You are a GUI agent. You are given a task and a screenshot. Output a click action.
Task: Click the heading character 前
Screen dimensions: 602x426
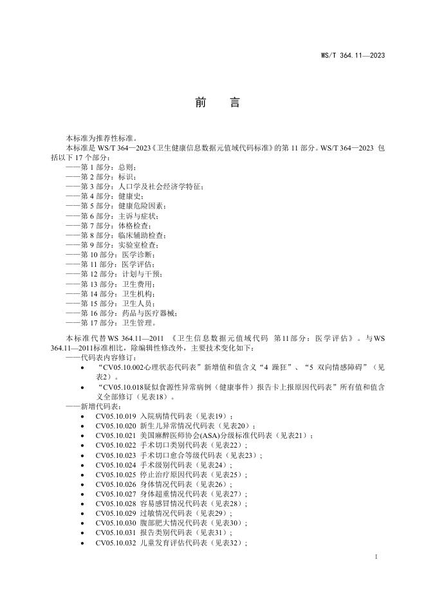click(198, 103)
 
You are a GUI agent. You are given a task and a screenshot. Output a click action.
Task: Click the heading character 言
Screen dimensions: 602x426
click(234, 103)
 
